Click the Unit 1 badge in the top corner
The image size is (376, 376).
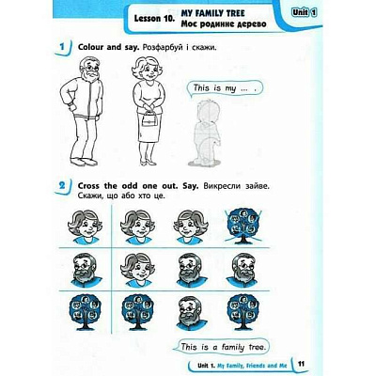(304, 13)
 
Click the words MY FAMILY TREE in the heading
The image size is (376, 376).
(212, 13)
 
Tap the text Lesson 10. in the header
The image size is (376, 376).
(154, 19)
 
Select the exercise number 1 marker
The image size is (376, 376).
(63, 48)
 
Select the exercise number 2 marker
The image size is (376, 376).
(63, 185)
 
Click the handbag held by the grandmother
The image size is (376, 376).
(149, 118)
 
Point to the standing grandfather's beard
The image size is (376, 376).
(92, 75)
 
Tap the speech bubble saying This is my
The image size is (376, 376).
(225, 88)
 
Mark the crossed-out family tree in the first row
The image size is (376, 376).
(243, 226)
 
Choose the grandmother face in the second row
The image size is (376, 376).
(138, 270)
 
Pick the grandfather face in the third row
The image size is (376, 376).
(190, 312)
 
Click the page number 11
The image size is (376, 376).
(301, 364)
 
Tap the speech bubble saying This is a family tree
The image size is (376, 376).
(222, 347)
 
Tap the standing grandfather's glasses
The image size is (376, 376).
(89, 67)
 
